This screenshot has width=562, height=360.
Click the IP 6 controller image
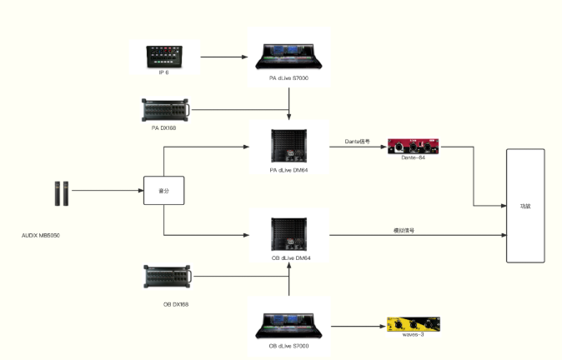click(169, 57)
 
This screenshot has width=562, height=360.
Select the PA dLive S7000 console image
click(289, 56)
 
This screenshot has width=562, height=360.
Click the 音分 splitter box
click(163, 191)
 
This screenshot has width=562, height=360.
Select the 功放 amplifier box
click(524, 206)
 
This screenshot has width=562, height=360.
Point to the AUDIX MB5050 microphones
click(63, 192)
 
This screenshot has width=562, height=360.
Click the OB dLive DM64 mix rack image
click(291, 235)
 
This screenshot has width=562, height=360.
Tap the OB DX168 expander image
click(168, 277)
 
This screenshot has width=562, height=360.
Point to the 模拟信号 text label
click(404, 229)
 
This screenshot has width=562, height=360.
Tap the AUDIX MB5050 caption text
click(41, 236)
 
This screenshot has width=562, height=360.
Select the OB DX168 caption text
click(176, 304)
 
